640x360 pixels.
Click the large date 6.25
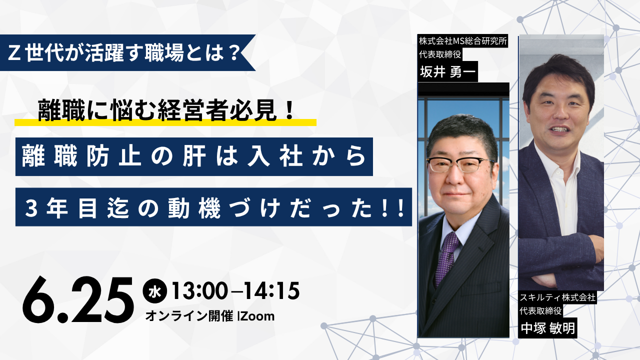coord(77,299)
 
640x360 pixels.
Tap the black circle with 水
coord(154,291)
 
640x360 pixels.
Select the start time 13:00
coord(199,291)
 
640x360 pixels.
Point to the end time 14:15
coord(271,291)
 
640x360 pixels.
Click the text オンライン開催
coord(189,316)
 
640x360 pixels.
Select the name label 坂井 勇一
coord(447,71)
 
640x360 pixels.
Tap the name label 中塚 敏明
coord(547,328)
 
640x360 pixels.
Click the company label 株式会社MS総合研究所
coord(463,41)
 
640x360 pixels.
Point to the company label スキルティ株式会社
coord(557,297)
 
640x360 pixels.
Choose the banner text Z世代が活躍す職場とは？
coord(123,53)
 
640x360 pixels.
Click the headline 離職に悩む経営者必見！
coord(165,110)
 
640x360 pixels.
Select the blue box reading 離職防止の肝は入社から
coord(194,156)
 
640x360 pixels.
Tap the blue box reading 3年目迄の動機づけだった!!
coord(213,207)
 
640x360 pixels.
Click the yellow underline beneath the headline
coord(165,122)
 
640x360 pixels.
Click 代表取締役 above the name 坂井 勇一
coord(440,54)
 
